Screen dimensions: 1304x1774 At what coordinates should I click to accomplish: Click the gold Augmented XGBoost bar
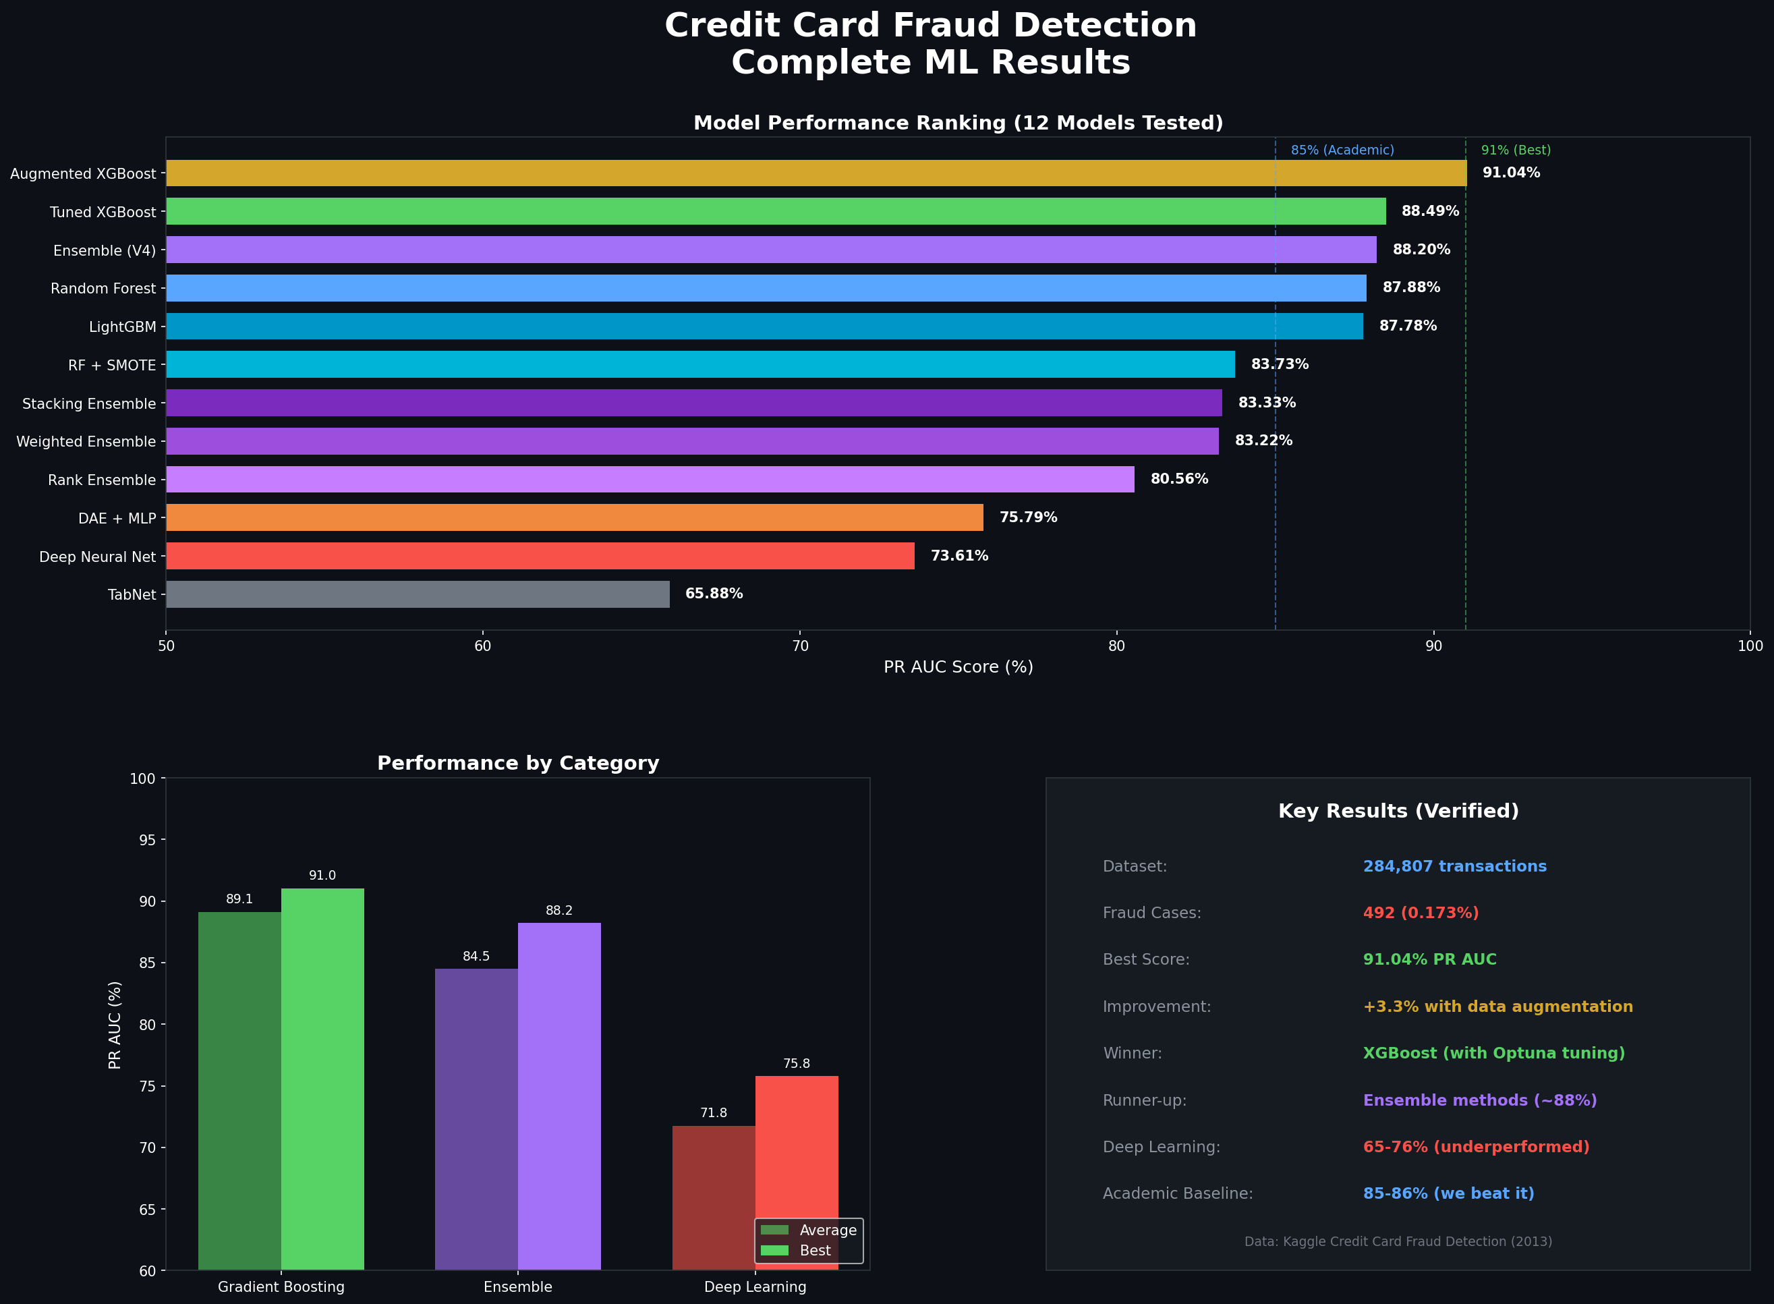[816, 173]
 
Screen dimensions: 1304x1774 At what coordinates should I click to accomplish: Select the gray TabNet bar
[418, 594]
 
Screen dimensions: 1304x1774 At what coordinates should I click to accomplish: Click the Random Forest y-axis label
[103, 289]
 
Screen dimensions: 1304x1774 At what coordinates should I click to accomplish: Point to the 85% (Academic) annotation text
[1342, 150]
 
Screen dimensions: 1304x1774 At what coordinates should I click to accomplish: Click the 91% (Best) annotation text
[1515, 150]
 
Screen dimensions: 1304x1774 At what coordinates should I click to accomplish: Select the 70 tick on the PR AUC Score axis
[799, 646]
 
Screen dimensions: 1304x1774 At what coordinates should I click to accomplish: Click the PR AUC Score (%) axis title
[957, 667]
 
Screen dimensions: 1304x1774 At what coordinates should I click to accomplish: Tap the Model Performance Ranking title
[957, 123]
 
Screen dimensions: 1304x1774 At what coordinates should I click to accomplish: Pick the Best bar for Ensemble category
[559, 1096]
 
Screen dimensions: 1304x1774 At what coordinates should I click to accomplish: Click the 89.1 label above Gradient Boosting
[239, 899]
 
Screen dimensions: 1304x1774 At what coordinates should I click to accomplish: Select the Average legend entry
[827, 1230]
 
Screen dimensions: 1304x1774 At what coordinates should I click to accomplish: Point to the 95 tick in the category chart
[147, 840]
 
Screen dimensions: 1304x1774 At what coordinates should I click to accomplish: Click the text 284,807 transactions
[1454, 867]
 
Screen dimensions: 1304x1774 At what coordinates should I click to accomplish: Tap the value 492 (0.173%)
[1421, 913]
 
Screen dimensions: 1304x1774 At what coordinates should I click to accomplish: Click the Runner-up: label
[1144, 1100]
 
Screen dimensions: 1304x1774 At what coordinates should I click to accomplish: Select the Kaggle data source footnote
[1398, 1242]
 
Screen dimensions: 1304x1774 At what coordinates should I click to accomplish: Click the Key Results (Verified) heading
[1398, 812]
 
